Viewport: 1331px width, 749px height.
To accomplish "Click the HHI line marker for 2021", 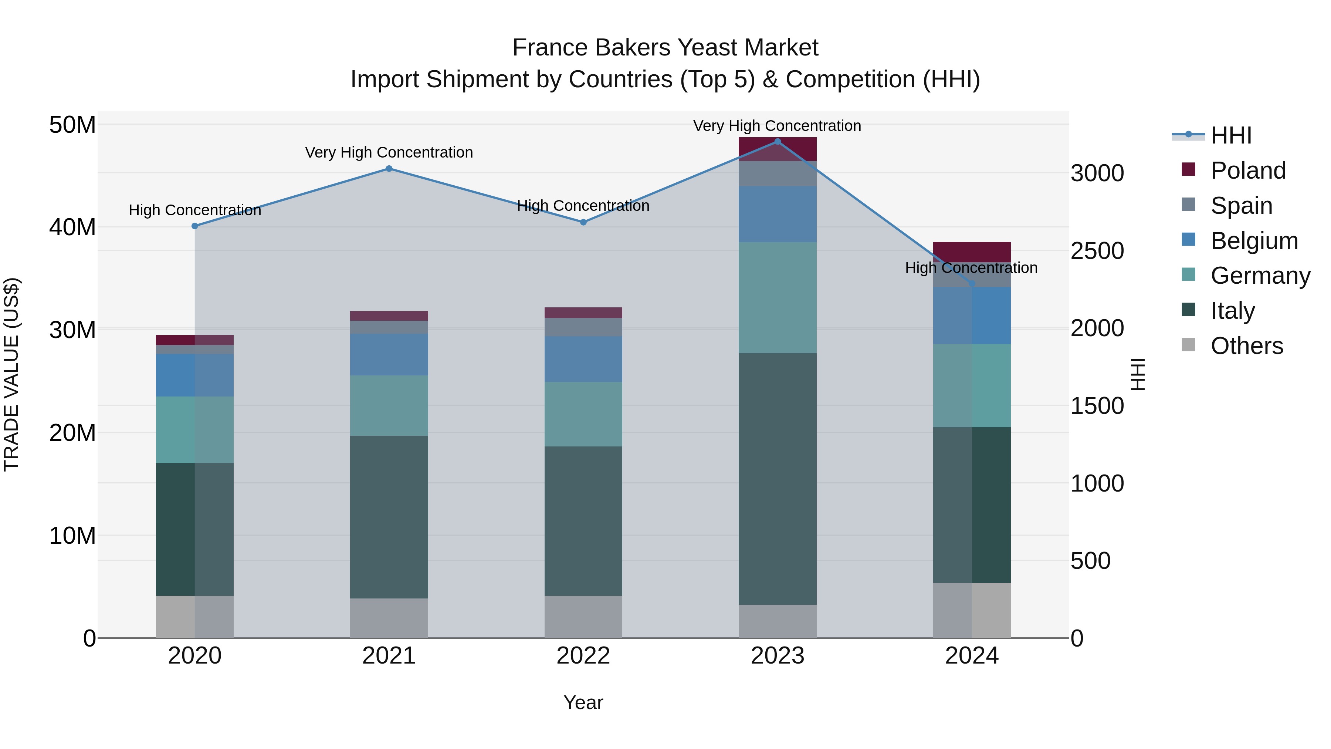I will coord(389,169).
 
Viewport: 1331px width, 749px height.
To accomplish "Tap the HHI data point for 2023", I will coord(778,142).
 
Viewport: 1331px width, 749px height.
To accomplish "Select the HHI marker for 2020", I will coord(195,226).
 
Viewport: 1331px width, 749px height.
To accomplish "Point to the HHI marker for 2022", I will coord(583,222).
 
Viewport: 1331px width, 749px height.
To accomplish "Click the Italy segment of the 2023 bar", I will coord(778,478).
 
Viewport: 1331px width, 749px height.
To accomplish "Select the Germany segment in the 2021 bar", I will coord(389,405).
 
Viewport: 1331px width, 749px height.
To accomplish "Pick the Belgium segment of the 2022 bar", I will coord(583,359).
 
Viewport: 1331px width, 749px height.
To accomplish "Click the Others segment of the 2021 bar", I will coord(389,618).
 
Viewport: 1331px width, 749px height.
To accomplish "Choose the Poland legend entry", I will coord(1247,171).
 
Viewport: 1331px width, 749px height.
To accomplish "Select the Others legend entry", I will coord(1246,346).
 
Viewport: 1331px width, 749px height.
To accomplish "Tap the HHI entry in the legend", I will coord(1231,135).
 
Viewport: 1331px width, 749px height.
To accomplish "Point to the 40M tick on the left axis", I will coord(72,227).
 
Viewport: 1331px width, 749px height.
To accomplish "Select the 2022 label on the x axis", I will coord(583,656).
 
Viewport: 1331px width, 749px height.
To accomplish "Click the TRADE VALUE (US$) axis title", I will coord(11,374).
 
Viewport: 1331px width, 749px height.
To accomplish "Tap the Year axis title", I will coord(583,702).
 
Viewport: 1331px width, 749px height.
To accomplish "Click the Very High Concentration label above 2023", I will coord(777,126).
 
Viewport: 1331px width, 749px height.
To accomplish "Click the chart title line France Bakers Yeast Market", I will coord(665,48).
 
